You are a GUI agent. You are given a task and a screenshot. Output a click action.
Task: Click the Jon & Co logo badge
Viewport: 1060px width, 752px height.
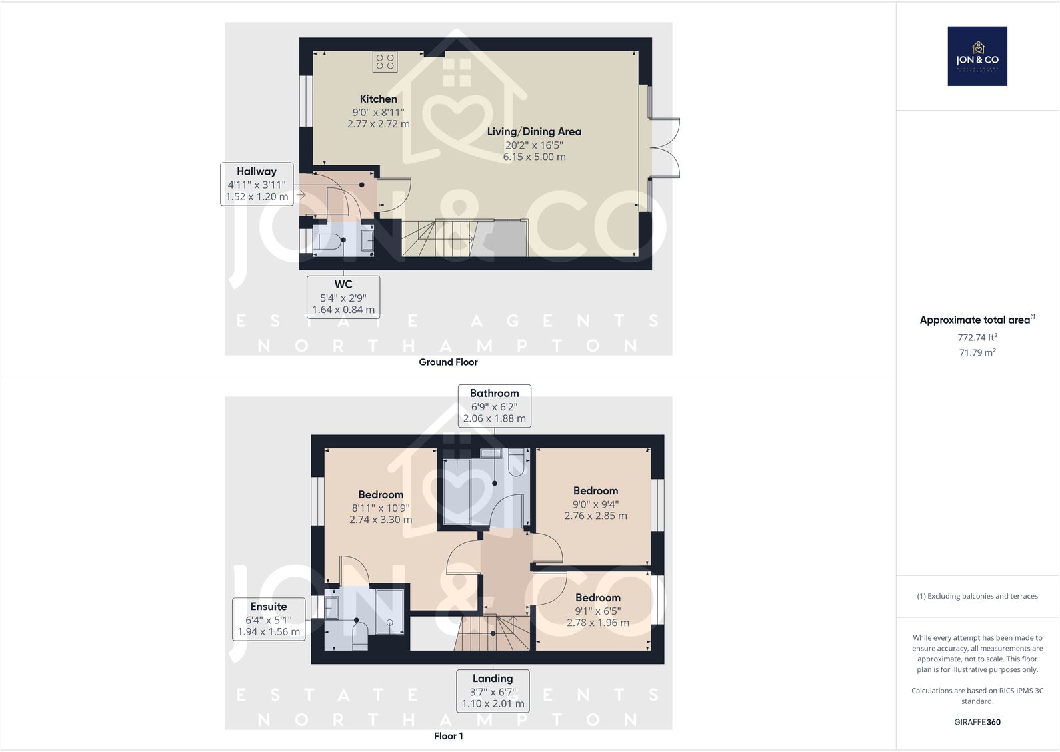coord(977,56)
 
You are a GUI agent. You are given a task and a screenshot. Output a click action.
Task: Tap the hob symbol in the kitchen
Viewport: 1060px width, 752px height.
coord(385,62)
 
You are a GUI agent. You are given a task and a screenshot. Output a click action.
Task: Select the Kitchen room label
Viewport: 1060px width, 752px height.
coord(378,99)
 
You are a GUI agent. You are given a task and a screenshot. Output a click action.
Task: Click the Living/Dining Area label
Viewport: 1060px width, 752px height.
coord(534,131)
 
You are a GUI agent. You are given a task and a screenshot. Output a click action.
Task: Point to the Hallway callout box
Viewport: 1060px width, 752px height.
coord(257,183)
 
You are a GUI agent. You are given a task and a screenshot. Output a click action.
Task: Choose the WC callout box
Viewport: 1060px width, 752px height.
coord(343,296)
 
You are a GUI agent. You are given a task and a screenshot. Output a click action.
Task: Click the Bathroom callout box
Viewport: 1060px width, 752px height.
coord(494,405)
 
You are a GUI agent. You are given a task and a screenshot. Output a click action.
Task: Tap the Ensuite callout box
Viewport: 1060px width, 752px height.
coord(269,619)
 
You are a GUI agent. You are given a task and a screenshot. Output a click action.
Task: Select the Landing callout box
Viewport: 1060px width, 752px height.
coord(493,691)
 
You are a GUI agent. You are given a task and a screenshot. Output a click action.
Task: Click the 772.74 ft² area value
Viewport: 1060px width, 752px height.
coord(977,337)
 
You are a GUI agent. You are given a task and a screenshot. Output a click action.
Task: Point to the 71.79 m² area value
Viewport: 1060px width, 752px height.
coord(977,352)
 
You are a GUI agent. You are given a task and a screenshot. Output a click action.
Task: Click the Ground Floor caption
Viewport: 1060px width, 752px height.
coord(448,362)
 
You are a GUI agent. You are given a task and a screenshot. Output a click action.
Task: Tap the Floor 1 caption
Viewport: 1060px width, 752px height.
coord(448,736)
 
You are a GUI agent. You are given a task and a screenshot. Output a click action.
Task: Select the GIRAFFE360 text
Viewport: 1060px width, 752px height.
coord(977,722)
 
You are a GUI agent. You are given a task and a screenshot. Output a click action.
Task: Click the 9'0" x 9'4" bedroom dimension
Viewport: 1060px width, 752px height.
coord(595,504)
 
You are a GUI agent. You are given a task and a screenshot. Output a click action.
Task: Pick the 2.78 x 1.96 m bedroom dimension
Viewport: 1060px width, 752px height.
coord(598,623)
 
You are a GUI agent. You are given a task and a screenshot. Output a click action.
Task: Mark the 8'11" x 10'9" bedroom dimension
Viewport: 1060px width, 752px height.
coord(381,508)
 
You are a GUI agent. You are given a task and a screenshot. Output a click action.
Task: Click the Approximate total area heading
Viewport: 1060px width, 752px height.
coord(977,320)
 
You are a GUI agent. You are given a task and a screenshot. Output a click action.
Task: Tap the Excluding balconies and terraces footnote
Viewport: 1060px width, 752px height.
coord(977,596)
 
